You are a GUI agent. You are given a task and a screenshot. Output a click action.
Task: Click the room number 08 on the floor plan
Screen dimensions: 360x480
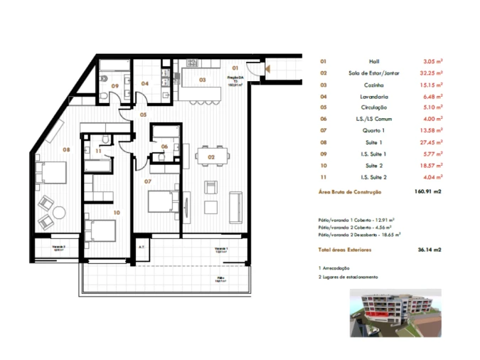coord(65,149)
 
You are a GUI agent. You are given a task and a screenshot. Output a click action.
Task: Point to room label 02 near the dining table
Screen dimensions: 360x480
coord(211,156)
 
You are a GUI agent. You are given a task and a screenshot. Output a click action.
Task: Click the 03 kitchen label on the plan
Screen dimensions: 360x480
coord(202,80)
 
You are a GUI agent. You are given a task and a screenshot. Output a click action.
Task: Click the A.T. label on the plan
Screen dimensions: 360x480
coord(142,248)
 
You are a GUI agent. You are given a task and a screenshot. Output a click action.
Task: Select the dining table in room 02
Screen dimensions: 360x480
coord(213,154)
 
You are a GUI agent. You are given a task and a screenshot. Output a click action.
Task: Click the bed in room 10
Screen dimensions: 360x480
coord(100,232)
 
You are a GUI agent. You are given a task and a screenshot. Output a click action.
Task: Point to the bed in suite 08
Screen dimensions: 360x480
coord(50,173)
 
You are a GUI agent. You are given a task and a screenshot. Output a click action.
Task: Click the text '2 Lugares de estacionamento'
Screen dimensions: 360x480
coord(348,277)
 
